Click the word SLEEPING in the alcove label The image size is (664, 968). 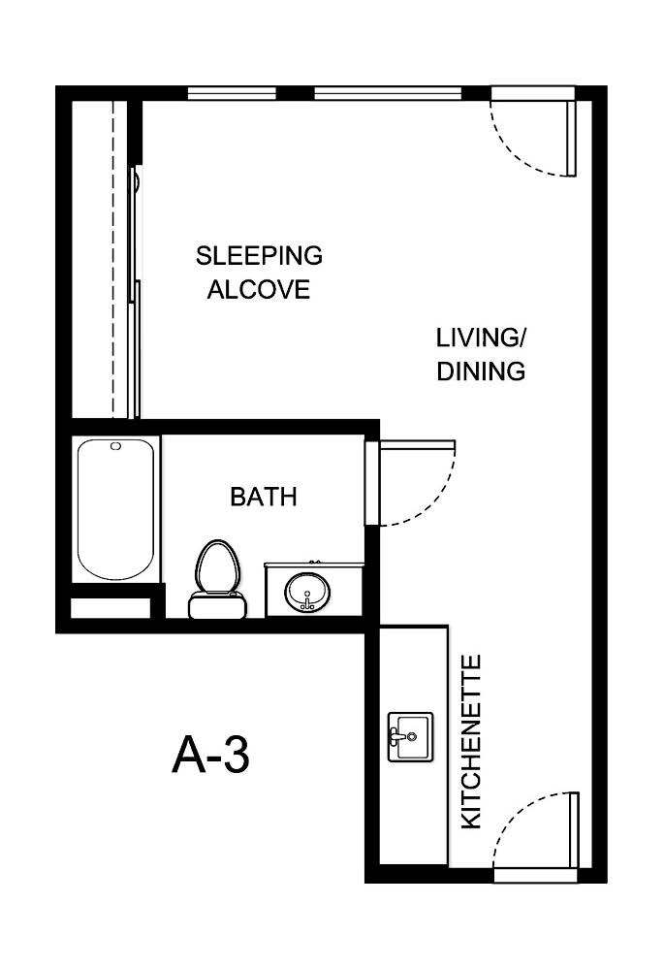point(259,256)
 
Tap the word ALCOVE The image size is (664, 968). point(259,289)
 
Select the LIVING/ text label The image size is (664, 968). point(480,338)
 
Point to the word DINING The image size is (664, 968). point(480,371)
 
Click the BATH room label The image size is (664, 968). point(263,497)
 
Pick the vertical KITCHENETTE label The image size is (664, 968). point(470,742)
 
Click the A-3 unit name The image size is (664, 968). point(210,755)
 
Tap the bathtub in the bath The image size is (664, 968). point(115,509)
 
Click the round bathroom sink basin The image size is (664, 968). point(307,591)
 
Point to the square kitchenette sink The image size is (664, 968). point(410,737)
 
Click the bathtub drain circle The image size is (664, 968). point(116,446)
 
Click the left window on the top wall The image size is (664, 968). point(232,93)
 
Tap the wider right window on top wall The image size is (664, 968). point(387,93)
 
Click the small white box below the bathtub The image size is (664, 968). point(111,608)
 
